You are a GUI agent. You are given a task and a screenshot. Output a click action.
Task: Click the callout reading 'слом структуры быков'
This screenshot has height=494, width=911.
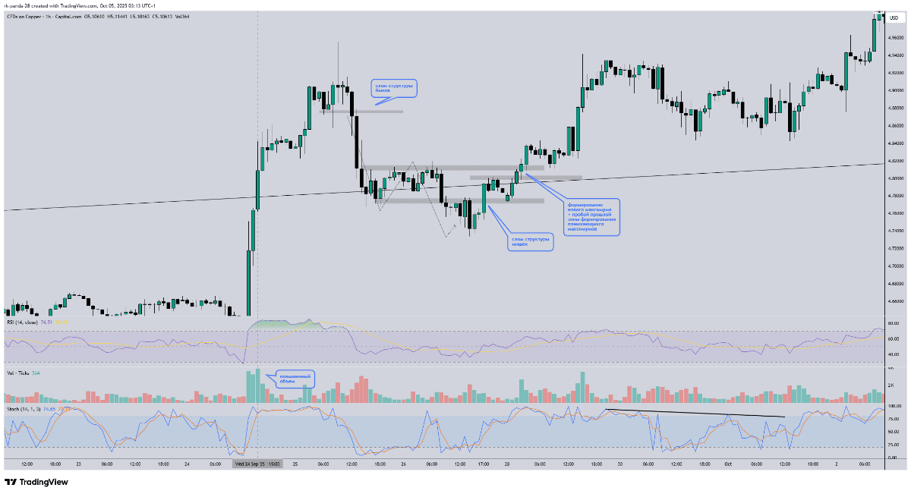pyautogui.click(x=394, y=88)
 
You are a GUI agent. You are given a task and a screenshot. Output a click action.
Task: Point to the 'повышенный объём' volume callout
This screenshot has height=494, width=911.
pyautogui.click(x=294, y=378)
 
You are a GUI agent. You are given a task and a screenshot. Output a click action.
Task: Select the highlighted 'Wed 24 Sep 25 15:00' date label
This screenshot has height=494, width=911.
pyautogui.click(x=257, y=463)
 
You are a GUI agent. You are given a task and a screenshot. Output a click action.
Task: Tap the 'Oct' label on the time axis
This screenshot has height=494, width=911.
pyautogui.click(x=727, y=463)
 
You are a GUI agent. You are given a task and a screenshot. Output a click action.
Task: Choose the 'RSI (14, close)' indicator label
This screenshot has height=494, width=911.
pyautogui.click(x=22, y=323)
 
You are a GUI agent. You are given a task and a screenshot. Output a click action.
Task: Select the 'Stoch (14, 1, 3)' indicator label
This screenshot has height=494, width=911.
pyautogui.click(x=24, y=409)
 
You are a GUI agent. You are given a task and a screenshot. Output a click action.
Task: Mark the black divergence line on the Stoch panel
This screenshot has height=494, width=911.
pyautogui.click(x=695, y=414)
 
